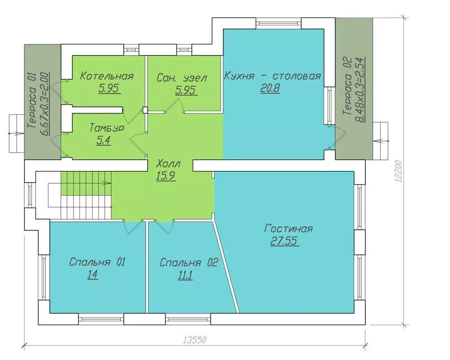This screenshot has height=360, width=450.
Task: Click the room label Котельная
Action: (x=107, y=76)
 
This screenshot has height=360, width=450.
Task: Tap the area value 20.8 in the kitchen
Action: (x=270, y=88)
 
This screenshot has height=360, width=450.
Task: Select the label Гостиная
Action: (x=288, y=229)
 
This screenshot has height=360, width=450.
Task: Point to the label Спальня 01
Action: (x=97, y=262)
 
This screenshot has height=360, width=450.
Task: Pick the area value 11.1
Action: (x=185, y=275)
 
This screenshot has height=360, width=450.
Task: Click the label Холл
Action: (x=168, y=164)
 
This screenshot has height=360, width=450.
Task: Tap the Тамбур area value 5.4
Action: (x=104, y=141)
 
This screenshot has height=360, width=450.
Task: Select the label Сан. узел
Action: (x=182, y=78)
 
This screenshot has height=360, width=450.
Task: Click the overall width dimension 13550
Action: (x=195, y=340)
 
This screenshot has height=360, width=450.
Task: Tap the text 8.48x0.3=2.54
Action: (x=360, y=90)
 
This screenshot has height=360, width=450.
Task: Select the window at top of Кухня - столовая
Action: (x=278, y=23)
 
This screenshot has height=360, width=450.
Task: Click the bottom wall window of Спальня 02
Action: (x=188, y=319)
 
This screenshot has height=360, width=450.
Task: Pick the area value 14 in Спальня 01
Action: (x=93, y=275)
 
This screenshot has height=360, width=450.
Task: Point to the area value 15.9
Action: (x=166, y=176)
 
